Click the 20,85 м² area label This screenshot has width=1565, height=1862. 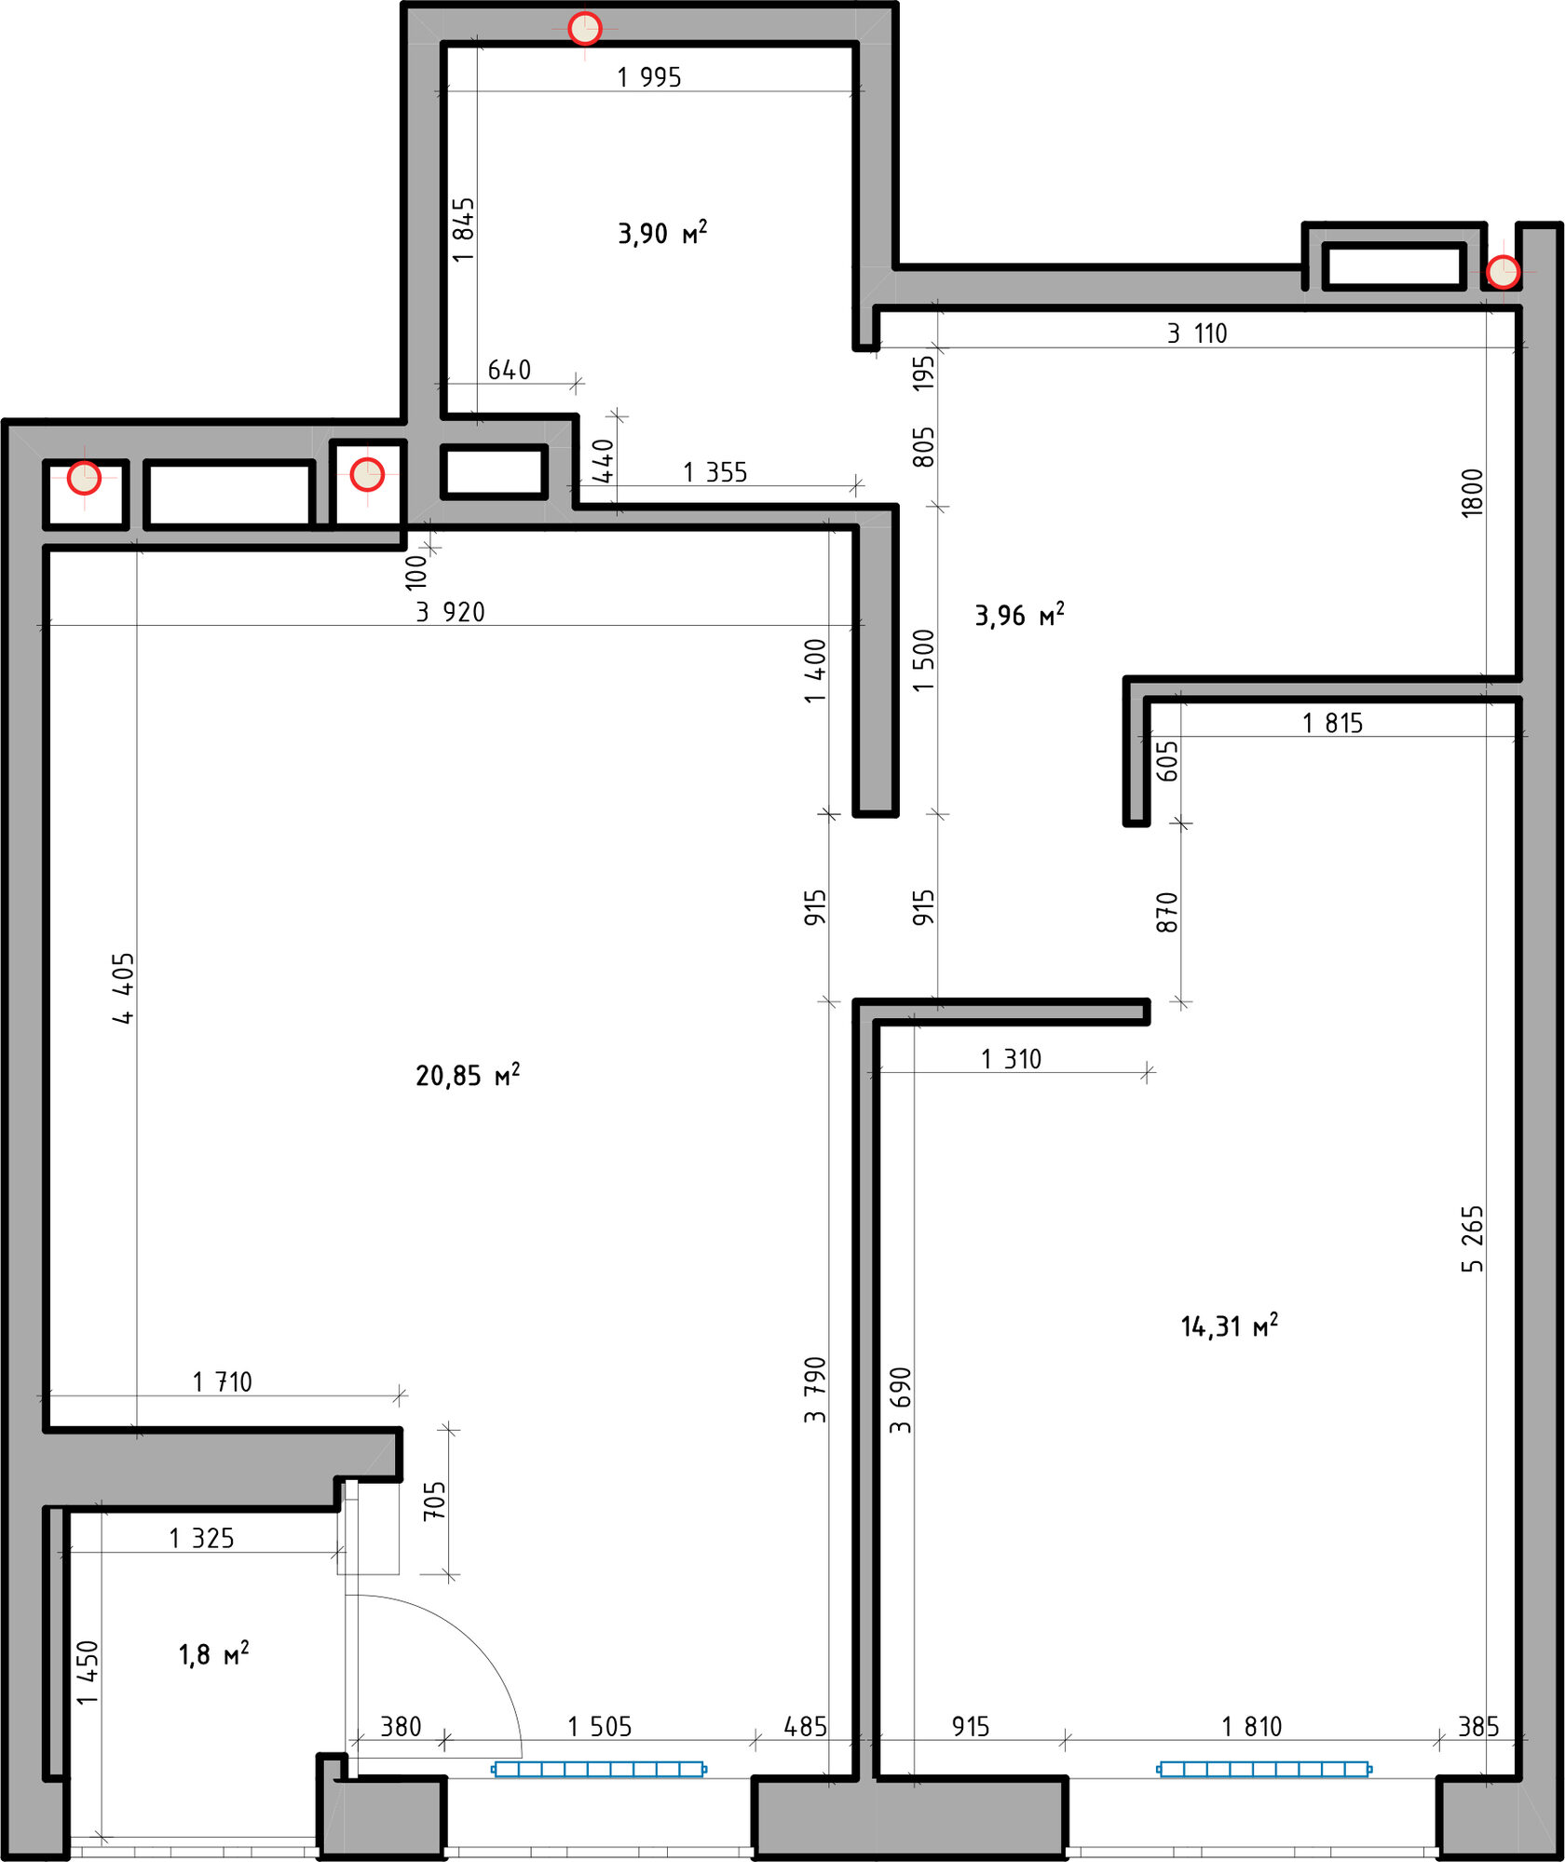468,1075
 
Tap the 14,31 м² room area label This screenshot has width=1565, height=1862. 1230,1325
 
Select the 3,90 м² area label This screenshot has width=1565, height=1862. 662,232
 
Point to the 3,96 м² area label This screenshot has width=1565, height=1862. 1019,615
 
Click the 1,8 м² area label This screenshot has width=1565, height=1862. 213,1654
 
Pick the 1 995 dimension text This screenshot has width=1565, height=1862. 649,77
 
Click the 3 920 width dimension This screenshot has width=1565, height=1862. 451,612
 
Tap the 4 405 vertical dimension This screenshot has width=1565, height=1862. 124,988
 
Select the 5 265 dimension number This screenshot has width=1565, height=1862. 1472,1239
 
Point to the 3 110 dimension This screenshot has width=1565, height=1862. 1197,333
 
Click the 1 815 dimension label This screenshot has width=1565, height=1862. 1332,723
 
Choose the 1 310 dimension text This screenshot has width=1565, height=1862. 1011,1059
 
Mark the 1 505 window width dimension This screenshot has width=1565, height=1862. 600,1727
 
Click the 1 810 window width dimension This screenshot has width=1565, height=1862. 1252,1727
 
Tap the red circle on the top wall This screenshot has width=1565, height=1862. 585,29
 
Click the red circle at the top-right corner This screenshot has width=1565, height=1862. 1503,272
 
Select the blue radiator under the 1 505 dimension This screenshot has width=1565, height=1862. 599,1769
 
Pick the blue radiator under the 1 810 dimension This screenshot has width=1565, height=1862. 1264,1769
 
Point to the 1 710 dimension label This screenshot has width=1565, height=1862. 223,1382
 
